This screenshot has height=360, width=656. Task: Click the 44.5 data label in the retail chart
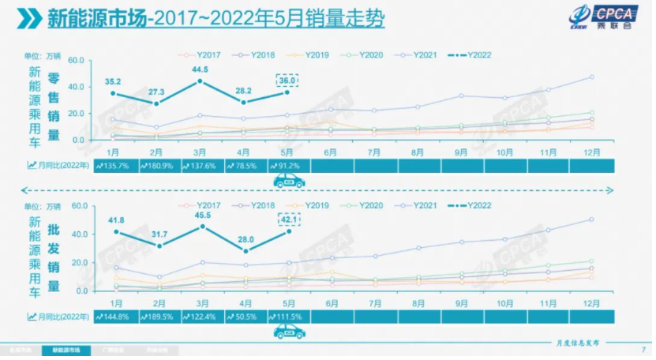click(x=200, y=69)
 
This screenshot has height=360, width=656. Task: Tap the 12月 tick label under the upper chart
click(x=591, y=150)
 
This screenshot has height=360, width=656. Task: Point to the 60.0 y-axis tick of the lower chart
click(x=77, y=206)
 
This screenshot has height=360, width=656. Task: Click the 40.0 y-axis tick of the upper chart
click(x=77, y=87)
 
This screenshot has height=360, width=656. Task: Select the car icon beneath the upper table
click(x=289, y=182)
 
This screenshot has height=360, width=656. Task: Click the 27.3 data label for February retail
click(x=157, y=92)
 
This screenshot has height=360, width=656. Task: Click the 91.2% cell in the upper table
click(x=288, y=166)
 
